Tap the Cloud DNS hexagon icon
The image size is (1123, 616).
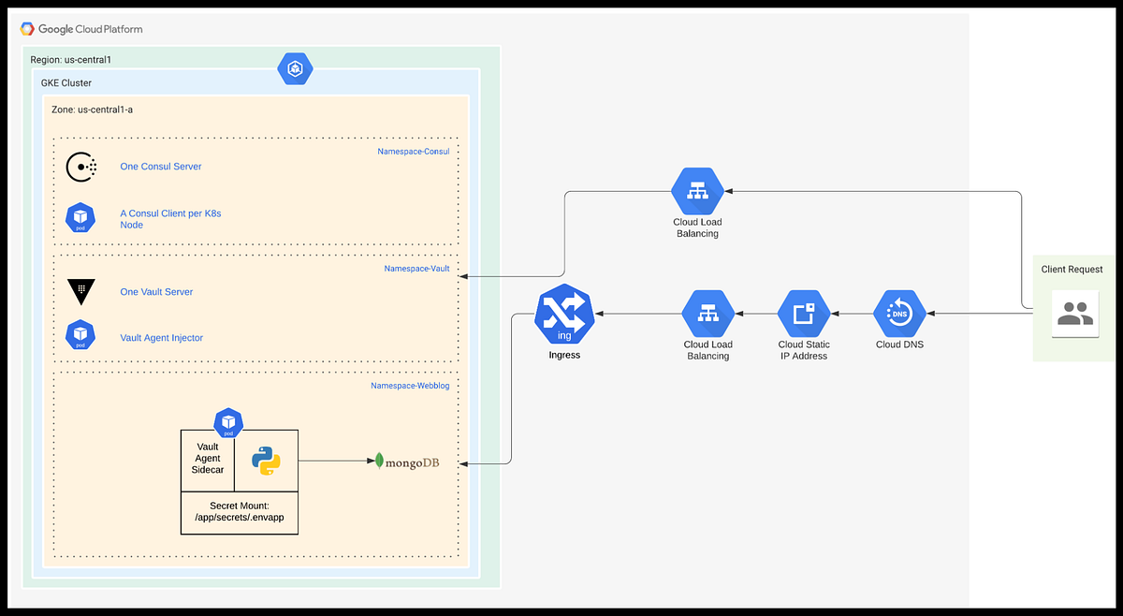point(899,314)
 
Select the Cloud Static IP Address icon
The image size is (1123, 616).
point(804,314)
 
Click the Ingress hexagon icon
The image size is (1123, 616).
point(565,315)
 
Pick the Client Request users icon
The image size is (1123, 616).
point(1074,315)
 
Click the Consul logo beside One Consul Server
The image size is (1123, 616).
point(81,167)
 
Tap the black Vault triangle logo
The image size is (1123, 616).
point(81,291)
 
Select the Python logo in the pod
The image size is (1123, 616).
point(267,461)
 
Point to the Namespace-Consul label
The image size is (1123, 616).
point(413,151)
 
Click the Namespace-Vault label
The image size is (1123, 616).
point(416,269)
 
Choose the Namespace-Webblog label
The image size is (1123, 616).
point(410,385)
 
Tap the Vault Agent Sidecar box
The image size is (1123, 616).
point(207,459)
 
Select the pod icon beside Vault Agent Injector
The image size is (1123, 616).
point(81,335)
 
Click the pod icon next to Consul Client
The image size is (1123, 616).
point(81,218)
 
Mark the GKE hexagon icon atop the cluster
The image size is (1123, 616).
point(296,68)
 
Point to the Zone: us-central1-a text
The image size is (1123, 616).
point(92,110)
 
